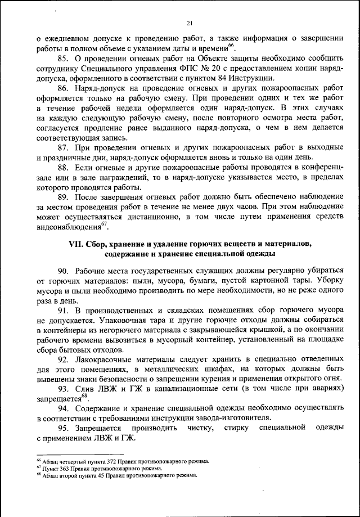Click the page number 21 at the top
pos(190,23)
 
